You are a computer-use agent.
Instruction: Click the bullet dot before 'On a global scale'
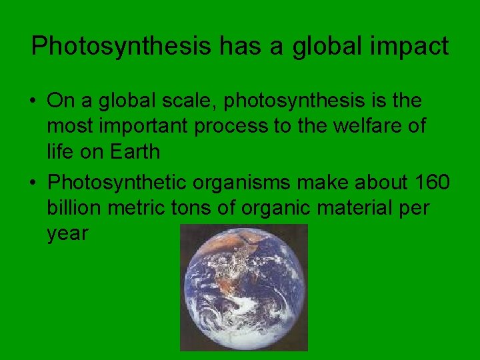(32, 101)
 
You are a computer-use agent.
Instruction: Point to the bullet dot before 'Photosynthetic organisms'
(32, 181)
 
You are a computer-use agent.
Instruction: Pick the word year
(67, 234)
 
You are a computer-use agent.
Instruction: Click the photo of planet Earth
(243, 287)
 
